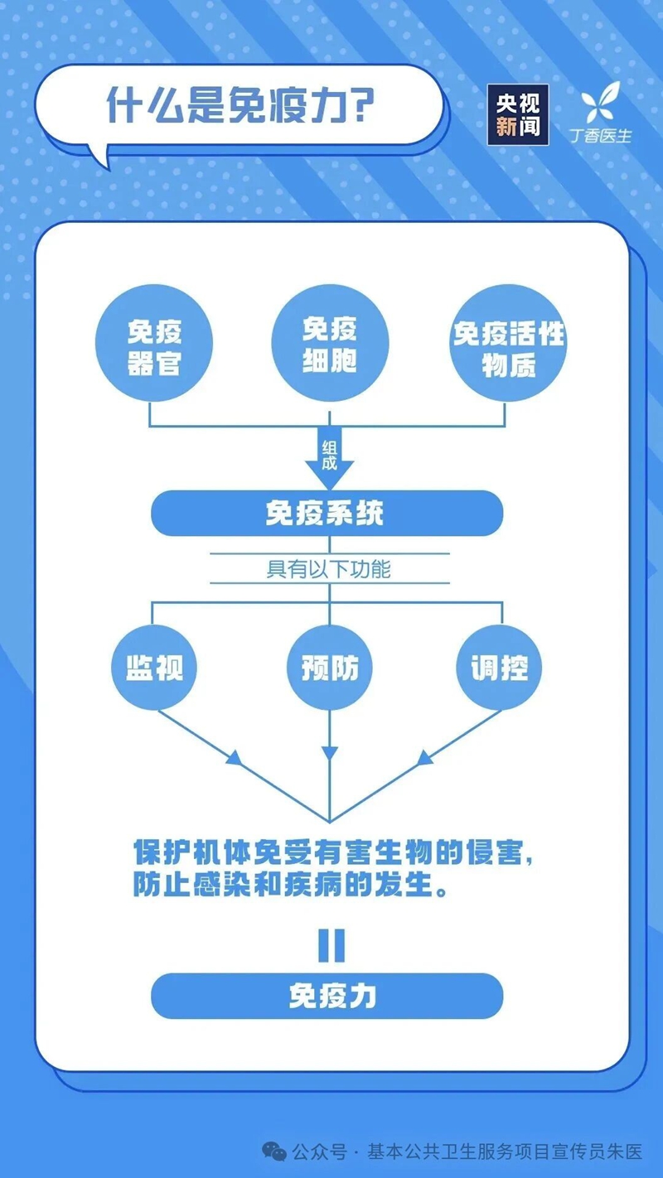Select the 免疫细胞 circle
329,343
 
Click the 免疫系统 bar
327,514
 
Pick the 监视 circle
154,668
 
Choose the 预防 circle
330,668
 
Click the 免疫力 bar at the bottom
327,995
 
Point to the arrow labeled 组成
329,459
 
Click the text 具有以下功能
329,570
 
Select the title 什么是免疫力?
240,106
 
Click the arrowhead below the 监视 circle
235,758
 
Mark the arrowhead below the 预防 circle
330,753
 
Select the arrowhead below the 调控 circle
425,758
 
